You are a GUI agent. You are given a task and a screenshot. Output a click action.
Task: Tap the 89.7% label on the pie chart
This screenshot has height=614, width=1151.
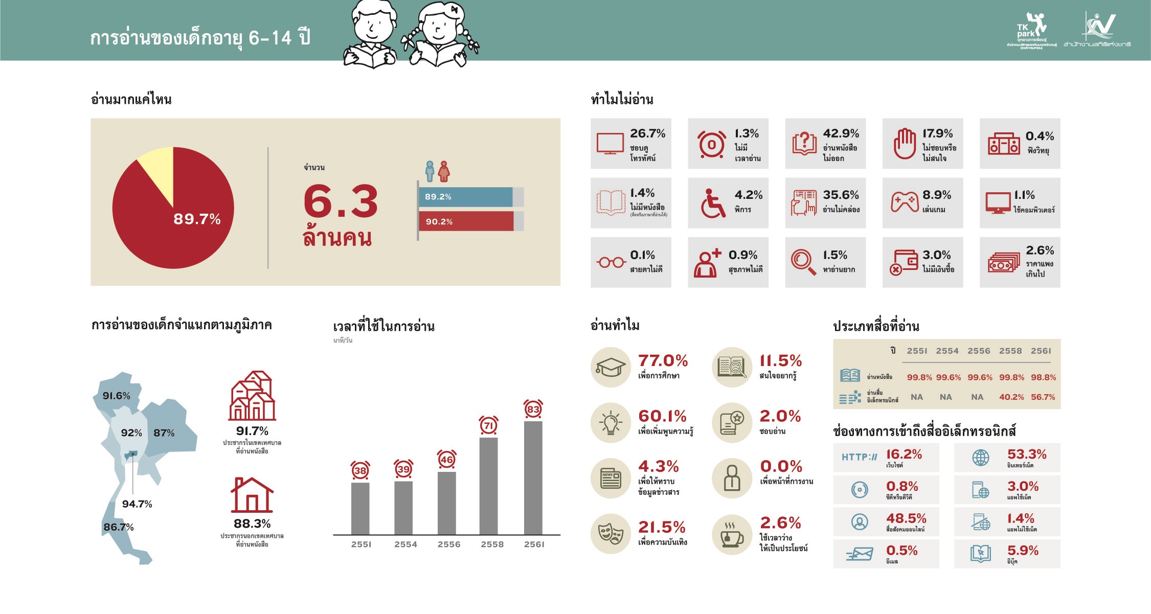tap(197, 219)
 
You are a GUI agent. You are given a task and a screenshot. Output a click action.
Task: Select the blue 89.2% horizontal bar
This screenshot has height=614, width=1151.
tap(465, 197)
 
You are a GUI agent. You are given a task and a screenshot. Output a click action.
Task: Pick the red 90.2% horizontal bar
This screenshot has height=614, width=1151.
tap(465, 221)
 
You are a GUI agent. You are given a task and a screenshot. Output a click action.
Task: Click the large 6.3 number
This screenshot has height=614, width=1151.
tap(341, 202)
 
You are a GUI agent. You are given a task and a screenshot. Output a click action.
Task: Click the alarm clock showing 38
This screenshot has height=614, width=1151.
tap(360, 470)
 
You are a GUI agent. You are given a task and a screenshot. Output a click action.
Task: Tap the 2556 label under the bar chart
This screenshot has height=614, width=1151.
tap(448, 544)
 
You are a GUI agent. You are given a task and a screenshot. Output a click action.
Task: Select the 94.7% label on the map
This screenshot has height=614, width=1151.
tap(137, 504)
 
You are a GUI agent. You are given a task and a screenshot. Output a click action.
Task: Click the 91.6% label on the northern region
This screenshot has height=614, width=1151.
tap(117, 396)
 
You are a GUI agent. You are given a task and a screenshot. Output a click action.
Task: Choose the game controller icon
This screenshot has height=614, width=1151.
tap(905, 202)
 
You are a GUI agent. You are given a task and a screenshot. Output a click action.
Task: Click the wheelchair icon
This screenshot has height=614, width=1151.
tap(712, 203)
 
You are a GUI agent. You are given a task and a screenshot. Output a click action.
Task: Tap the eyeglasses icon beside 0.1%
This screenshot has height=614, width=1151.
tap(611, 263)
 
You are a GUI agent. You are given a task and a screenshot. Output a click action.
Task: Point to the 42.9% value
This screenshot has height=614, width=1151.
tap(841, 133)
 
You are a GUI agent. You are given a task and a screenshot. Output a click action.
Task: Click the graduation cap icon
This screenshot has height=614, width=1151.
tap(611, 367)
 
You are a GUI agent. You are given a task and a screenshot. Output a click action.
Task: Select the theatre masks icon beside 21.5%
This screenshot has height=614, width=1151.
tap(611, 534)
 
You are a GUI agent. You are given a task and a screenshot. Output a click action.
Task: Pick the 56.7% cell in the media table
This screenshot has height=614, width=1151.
tap(1043, 397)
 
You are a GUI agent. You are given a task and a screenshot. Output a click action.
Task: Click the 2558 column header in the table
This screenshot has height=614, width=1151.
tap(1010, 351)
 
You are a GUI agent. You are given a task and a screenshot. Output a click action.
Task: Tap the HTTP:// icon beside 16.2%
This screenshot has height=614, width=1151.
tap(859, 457)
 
